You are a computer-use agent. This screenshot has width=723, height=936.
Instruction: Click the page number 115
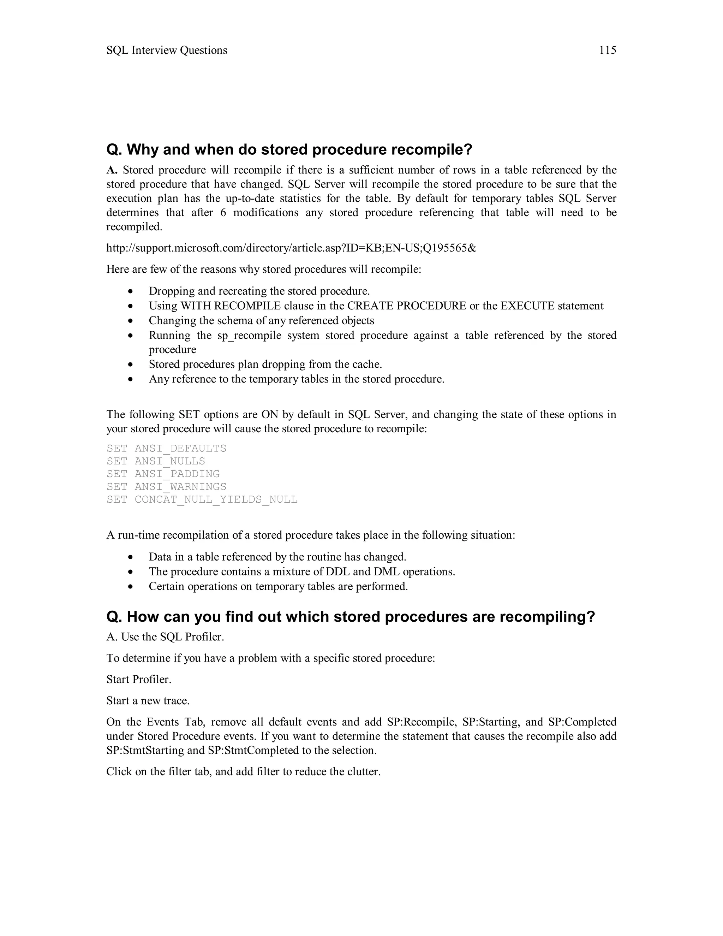[x=607, y=51]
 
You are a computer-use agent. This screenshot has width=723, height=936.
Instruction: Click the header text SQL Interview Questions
[x=167, y=51]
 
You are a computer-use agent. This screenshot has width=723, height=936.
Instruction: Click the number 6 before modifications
[x=223, y=213]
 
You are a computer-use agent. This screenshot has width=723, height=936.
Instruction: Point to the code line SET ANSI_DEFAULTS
[x=166, y=449]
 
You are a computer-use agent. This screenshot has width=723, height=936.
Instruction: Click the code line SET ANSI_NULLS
[x=156, y=462]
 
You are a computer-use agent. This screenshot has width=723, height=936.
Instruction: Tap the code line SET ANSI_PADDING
[x=163, y=474]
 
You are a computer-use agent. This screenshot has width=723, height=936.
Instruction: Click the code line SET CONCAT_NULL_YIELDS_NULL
[x=202, y=500]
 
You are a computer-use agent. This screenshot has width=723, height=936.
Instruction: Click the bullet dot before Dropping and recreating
[x=131, y=292]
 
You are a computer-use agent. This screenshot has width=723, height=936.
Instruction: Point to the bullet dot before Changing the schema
[x=131, y=321]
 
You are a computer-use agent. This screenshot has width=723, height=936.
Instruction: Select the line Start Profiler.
[x=139, y=680]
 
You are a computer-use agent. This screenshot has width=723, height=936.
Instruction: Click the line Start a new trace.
[x=148, y=701]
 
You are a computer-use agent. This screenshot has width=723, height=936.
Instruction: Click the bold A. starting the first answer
[x=112, y=171]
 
